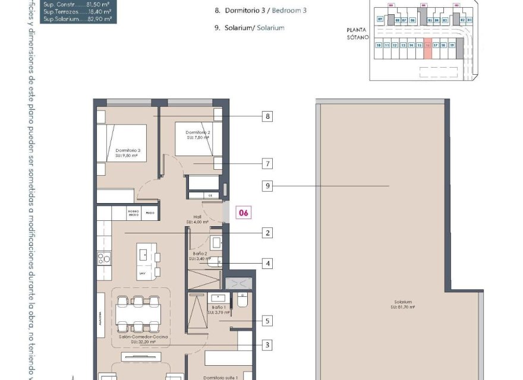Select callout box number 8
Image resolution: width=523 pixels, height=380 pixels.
point(268,116)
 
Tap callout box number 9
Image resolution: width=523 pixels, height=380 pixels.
point(268,186)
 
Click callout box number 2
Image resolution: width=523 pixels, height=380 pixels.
point(268,233)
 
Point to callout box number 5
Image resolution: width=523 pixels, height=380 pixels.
point(268,321)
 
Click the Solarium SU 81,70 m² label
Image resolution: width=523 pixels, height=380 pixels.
point(402,305)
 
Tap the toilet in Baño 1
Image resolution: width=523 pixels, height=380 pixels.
point(241,300)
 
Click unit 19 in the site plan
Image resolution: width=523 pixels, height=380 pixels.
point(452,45)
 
